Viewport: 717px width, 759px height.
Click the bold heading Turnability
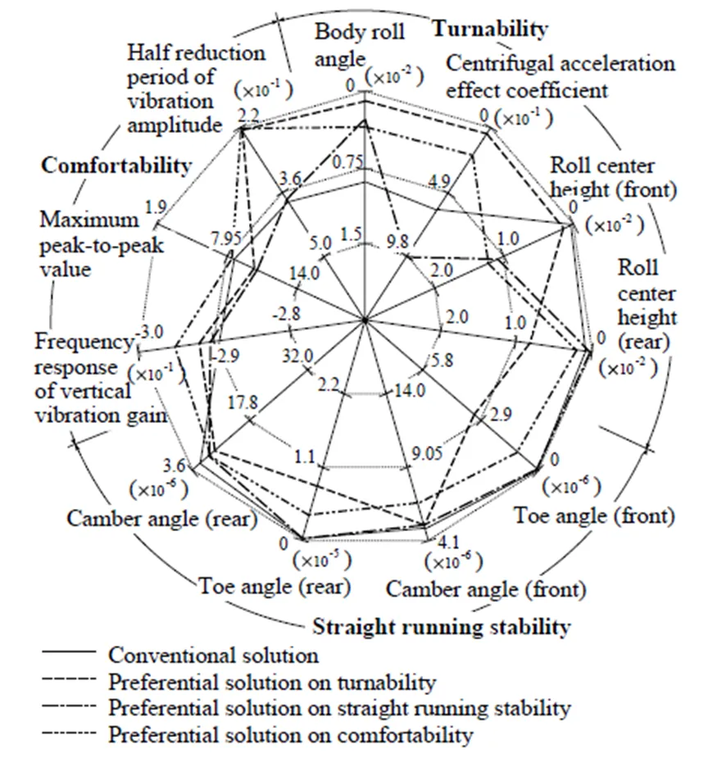coord(489,30)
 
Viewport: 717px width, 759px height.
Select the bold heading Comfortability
coord(116,166)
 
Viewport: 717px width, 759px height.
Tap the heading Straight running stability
coord(441,628)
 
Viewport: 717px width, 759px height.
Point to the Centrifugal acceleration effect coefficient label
coord(560,76)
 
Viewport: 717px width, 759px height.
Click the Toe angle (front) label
coord(594,516)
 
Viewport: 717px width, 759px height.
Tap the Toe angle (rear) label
coord(274,587)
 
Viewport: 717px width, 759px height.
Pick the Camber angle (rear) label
coord(163,519)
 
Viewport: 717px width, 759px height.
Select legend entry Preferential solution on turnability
coord(271,681)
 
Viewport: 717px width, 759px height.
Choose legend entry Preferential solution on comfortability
coord(290,734)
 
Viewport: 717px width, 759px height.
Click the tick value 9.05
coord(430,449)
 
